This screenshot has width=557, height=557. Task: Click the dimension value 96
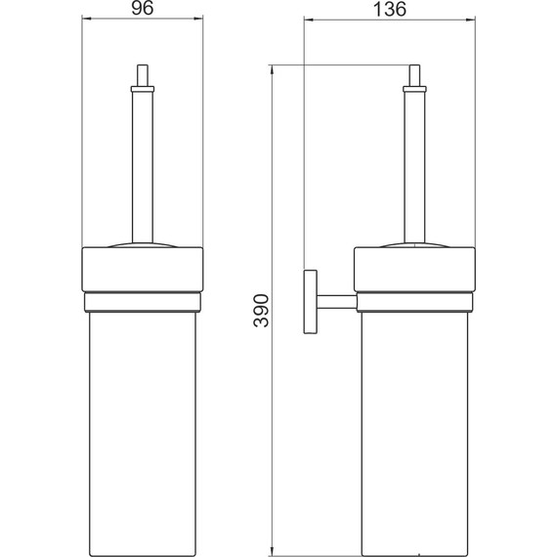143,8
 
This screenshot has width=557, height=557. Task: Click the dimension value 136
389,9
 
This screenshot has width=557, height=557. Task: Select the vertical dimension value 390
262,310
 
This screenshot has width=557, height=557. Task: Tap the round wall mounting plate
310,302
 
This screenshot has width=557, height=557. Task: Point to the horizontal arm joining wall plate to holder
336,302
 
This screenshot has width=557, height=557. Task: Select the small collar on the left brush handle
143,89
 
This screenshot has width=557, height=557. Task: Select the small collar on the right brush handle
414,89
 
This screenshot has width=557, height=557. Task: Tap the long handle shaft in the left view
143,167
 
